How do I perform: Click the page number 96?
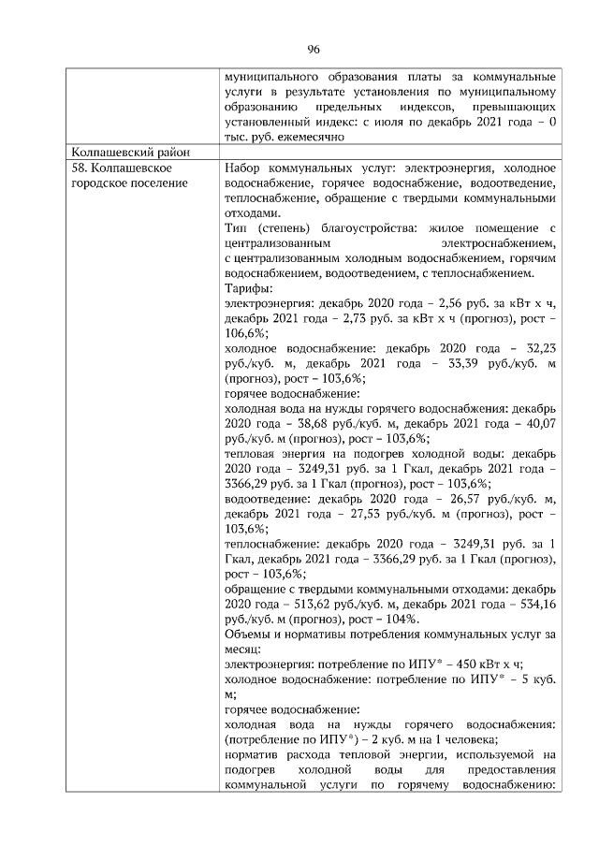[x=314, y=50]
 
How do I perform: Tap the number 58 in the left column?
[x=78, y=168]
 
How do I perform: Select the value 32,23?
[x=540, y=347]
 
